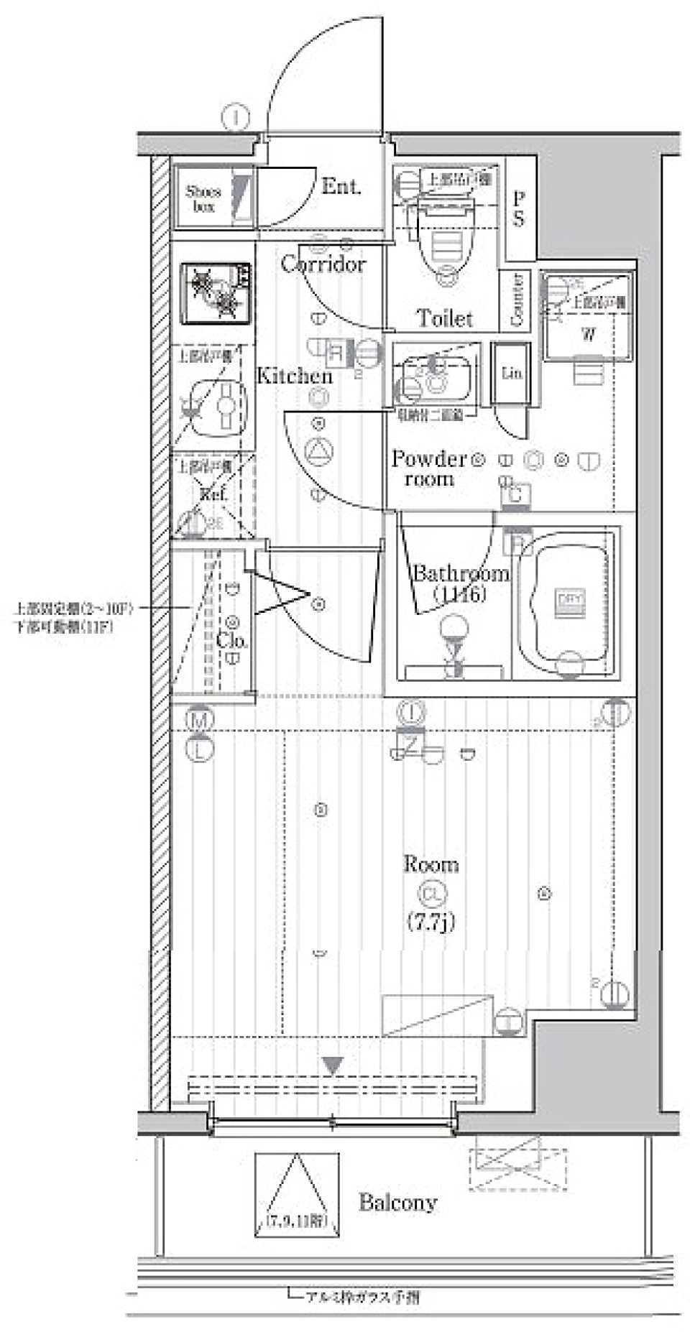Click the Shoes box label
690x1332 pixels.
tap(203, 198)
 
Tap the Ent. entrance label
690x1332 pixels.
tap(341, 187)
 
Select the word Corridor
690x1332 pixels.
tap(323, 264)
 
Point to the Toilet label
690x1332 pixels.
tap(444, 318)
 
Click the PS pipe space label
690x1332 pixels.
tap(518, 209)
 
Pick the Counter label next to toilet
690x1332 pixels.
tap(516, 300)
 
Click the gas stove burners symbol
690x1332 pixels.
tap(217, 292)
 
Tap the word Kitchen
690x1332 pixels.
tap(295, 376)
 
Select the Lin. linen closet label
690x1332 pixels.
tap(512, 374)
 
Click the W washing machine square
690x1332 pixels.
tap(588, 333)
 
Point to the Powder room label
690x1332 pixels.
tap(429, 468)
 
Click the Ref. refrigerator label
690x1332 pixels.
tap(213, 494)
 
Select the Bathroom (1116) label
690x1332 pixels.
tap(460, 583)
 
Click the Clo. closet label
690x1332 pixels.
tap(232, 640)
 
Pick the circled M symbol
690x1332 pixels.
tap(200, 718)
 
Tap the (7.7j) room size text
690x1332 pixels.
tap(431, 921)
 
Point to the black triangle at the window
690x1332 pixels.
tap(332, 1065)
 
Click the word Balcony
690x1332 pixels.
tap(397, 1202)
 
